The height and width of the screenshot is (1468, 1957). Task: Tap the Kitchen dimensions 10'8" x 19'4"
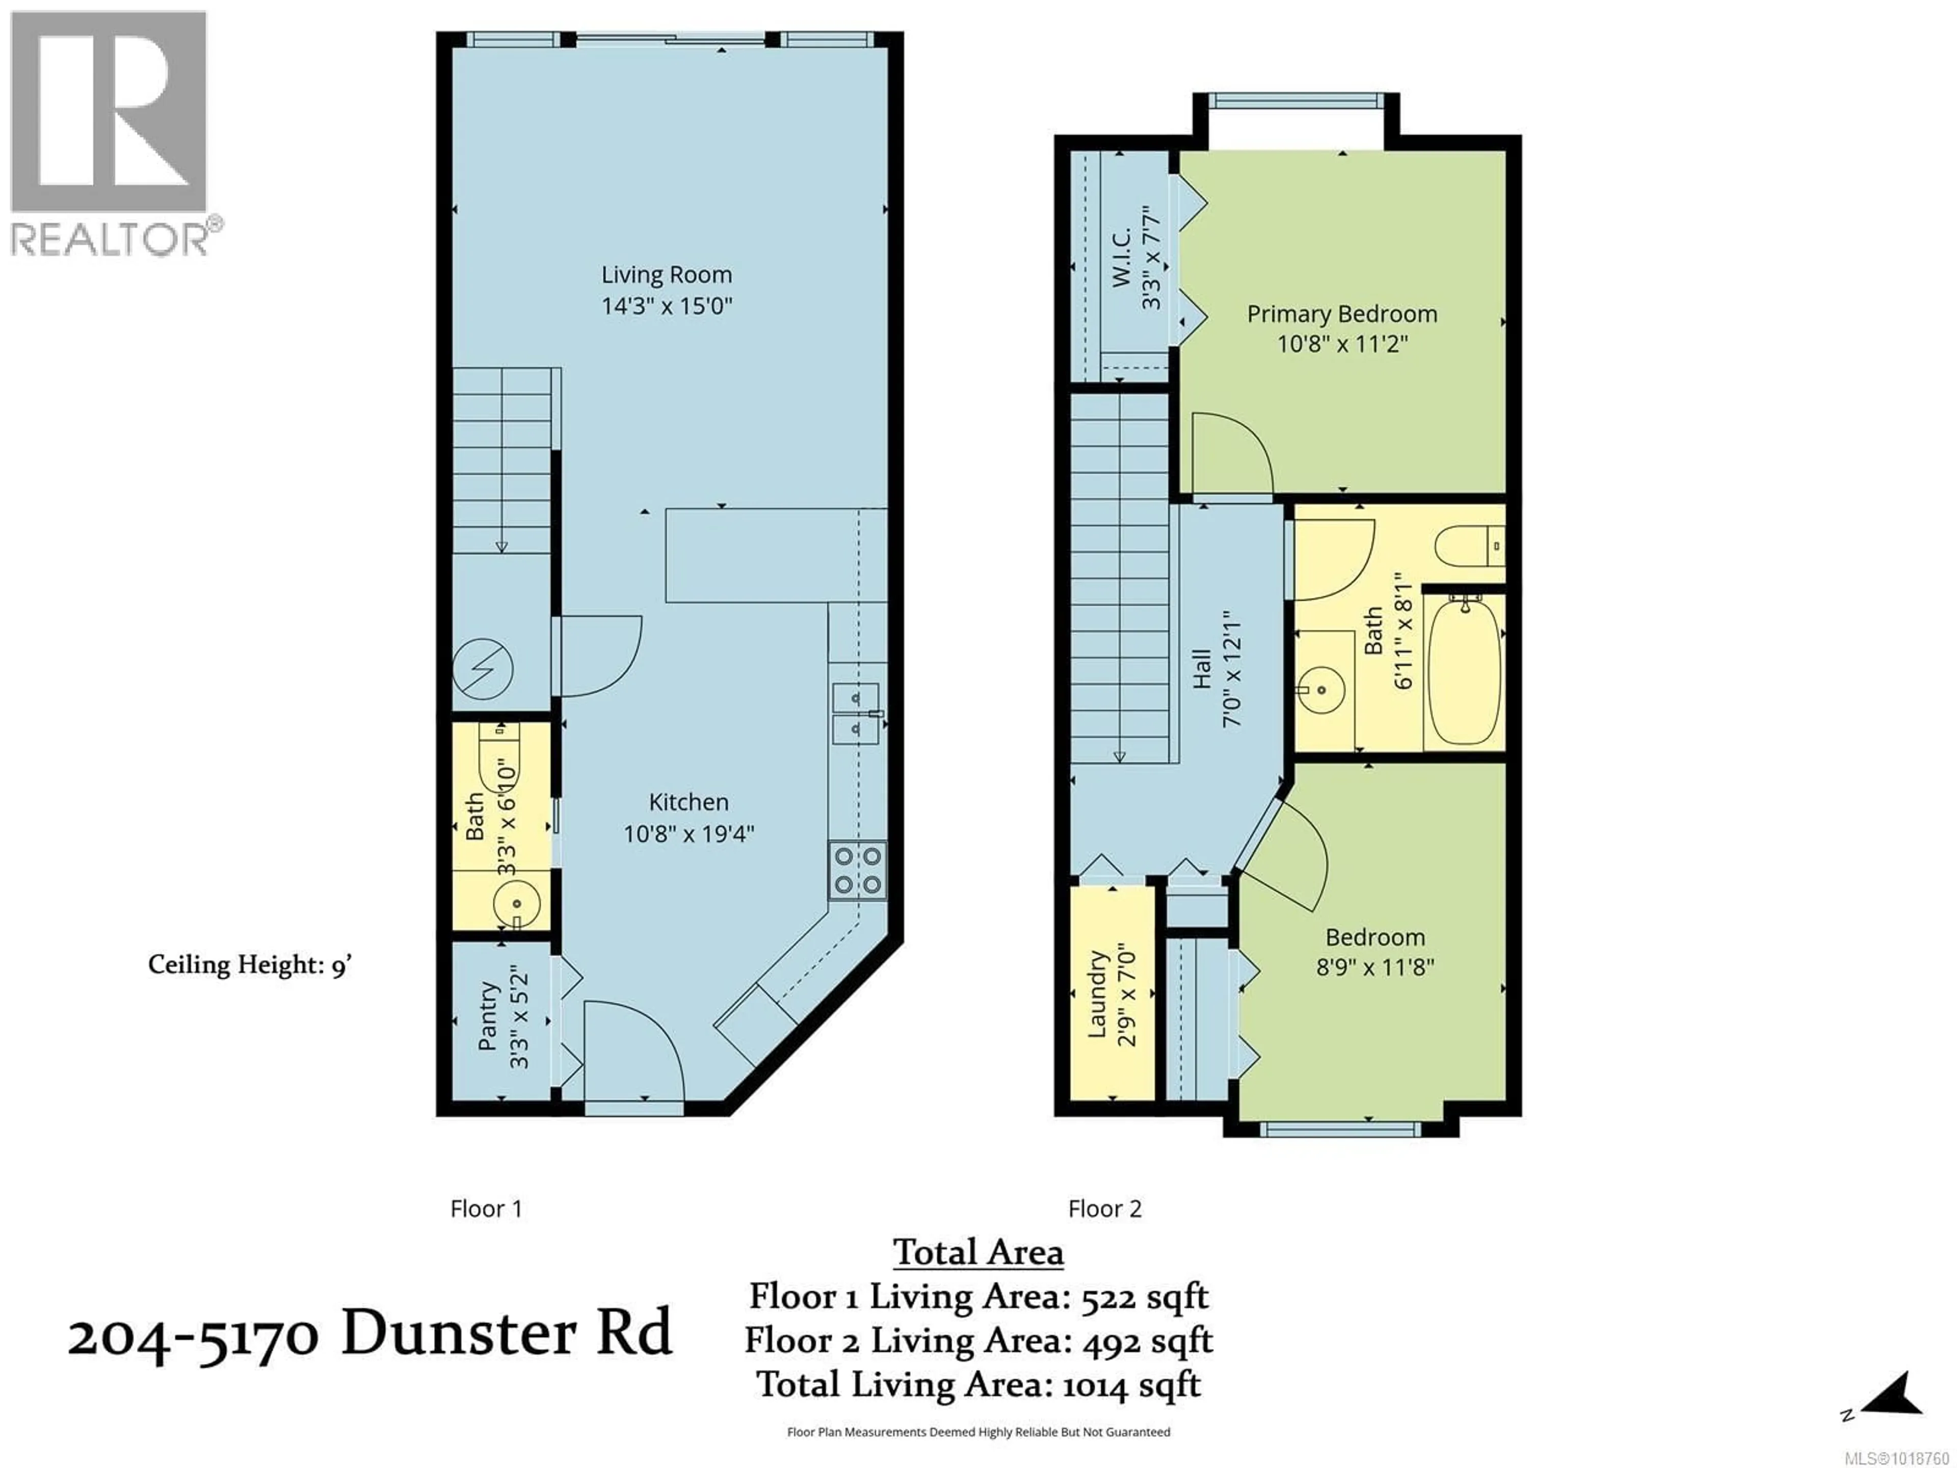(689, 833)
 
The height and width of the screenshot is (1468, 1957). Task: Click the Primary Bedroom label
(1341, 314)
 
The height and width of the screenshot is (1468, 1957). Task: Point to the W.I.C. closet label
(1121, 256)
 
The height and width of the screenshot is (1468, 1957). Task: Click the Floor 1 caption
(486, 1209)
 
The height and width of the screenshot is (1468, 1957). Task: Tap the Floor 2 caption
(1104, 1209)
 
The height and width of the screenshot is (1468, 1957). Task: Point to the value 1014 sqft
(1130, 1384)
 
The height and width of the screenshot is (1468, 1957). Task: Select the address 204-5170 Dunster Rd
(370, 1335)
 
